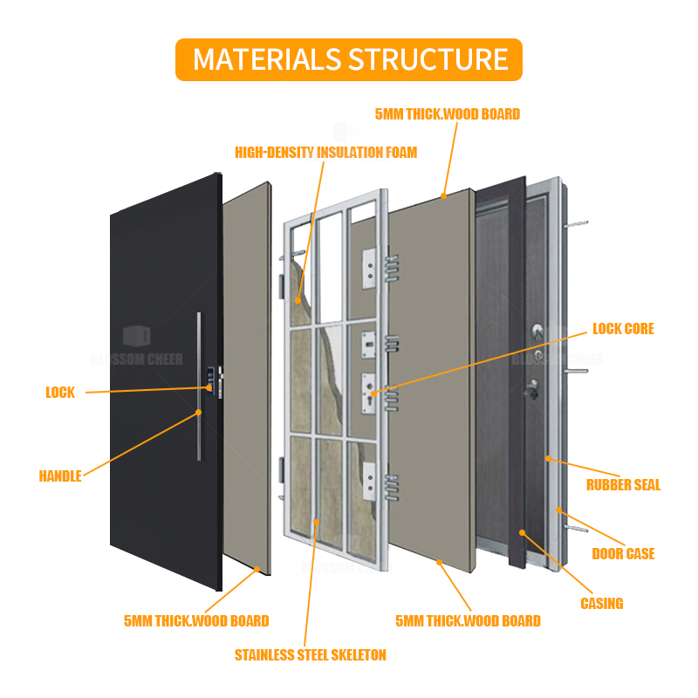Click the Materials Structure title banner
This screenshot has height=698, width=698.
pyautogui.click(x=349, y=59)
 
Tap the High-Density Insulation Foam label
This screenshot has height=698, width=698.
pyautogui.click(x=325, y=153)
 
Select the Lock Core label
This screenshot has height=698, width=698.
pyautogui.click(x=623, y=329)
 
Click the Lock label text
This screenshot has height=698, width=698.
pyautogui.click(x=60, y=393)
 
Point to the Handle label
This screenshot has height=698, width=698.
pyautogui.click(x=60, y=476)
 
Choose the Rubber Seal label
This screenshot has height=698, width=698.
pyautogui.click(x=623, y=485)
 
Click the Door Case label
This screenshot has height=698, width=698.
pyautogui.click(x=623, y=554)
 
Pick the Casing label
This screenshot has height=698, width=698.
pyautogui.click(x=602, y=603)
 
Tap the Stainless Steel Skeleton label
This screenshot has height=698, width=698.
pyautogui.click(x=310, y=654)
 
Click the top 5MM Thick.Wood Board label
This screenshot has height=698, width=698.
pyautogui.click(x=447, y=114)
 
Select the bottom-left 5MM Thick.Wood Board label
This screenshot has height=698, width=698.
pyautogui.click(x=195, y=621)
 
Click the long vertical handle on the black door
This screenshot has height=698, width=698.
pyautogui.click(x=200, y=384)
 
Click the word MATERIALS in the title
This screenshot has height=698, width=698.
pyautogui.click(x=268, y=59)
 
